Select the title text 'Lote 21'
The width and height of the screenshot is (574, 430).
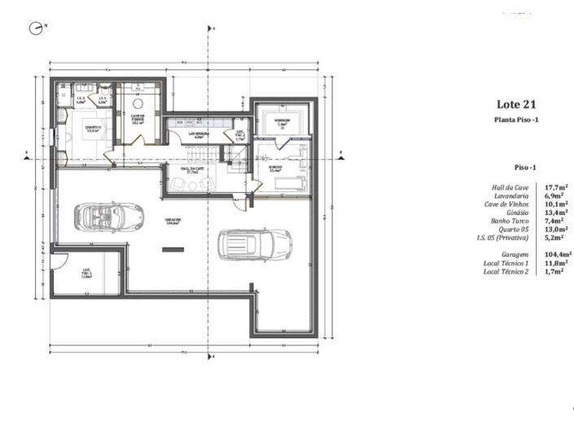coord(516,104)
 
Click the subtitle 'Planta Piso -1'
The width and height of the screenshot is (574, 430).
coord(516,120)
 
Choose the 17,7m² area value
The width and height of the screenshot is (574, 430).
coord(556,187)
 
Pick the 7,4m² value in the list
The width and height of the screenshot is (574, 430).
coord(556,221)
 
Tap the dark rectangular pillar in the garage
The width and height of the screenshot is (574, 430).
coord(173,249)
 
